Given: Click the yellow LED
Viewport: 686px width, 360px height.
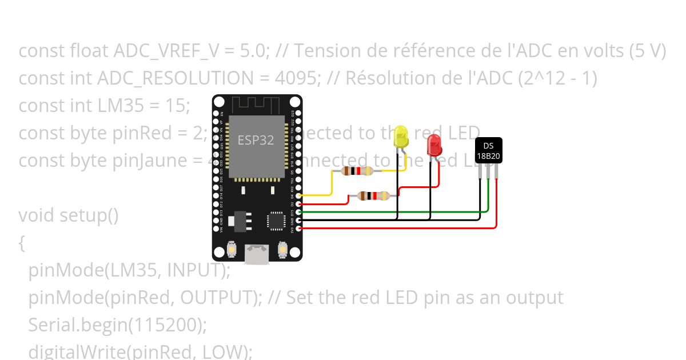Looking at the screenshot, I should (402, 137).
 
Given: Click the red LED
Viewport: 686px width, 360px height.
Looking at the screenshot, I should (434, 146).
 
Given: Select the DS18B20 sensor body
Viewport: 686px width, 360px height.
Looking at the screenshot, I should (489, 150).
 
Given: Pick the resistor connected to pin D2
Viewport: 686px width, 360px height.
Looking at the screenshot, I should (373, 196).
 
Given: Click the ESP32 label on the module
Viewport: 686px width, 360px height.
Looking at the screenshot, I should (256, 141).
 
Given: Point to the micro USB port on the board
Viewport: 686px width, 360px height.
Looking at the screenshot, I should (257, 254).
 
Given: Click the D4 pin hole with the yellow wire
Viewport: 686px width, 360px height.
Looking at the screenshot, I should (299, 196).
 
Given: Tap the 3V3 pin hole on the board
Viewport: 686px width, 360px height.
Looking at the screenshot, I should (299, 228).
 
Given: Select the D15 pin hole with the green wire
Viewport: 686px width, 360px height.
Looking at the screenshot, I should (299, 212).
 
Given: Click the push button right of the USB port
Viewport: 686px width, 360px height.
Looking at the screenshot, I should (282, 249).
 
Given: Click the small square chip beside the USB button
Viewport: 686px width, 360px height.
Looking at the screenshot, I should (276, 221).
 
